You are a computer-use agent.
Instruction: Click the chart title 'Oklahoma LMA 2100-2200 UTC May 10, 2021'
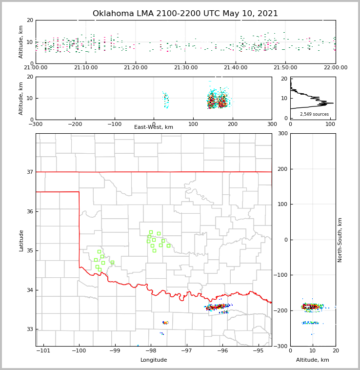(185, 14)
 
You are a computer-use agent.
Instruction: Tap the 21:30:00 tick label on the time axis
(186, 68)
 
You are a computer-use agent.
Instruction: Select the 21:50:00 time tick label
(285, 68)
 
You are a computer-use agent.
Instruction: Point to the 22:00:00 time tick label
(335, 68)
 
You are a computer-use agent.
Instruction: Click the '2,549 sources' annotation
(314, 114)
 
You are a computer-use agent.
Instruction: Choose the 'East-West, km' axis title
(154, 127)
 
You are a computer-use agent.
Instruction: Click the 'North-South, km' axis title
(340, 240)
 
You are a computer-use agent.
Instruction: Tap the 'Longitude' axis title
(154, 360)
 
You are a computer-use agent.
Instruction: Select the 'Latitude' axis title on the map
(21, 240)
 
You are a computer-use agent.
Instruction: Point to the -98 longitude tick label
(151, 351)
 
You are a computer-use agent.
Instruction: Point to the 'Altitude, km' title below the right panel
(313, 360)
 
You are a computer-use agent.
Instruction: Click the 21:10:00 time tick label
(86, 68)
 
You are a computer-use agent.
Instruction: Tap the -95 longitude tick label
(258, 351)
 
